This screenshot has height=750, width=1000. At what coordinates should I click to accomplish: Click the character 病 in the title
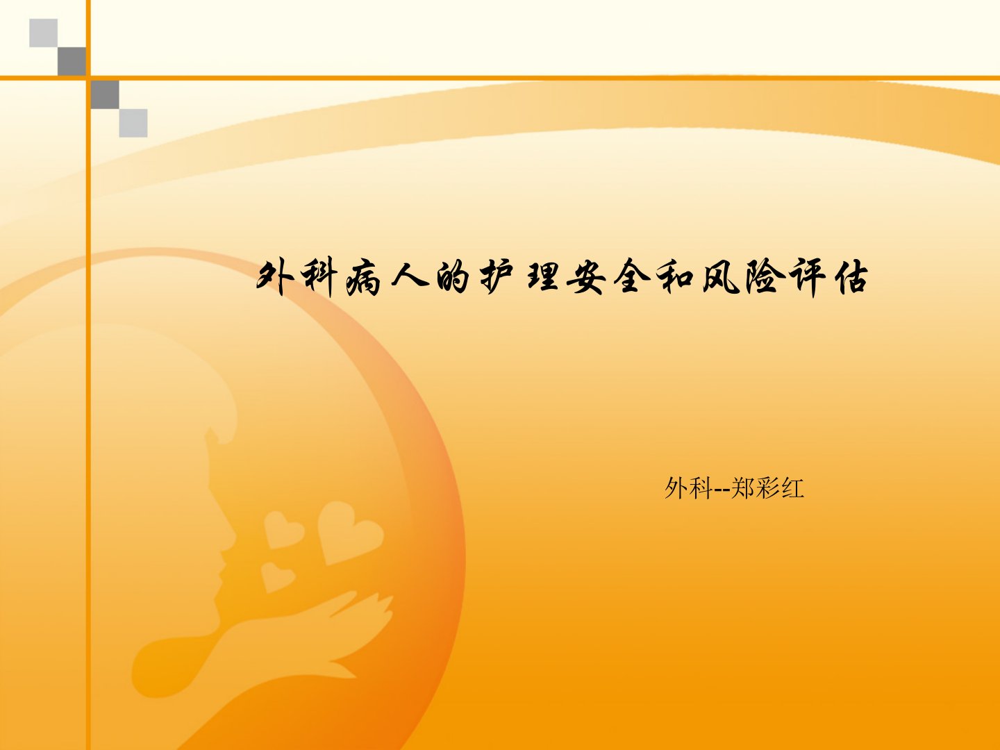tap(363, 278)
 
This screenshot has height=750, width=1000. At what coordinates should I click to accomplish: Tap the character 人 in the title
tap(410, 276)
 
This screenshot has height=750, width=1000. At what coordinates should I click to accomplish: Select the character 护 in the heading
tap(497, 277)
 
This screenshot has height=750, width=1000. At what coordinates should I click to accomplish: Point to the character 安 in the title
tap(586, 277)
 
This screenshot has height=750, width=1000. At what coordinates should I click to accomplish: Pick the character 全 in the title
tap(631, 276)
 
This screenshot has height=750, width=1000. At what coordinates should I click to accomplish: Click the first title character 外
tap(275, 277)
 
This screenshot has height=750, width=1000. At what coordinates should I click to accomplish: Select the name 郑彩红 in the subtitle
tap(767, 488)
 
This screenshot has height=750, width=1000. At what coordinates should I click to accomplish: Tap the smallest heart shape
tap(276, 577)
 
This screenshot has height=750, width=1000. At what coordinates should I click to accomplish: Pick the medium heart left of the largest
tap(283, 529)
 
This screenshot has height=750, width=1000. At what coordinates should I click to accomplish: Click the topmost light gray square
tap(43, 33)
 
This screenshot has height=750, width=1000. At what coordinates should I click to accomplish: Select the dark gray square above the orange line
tap(72, 61)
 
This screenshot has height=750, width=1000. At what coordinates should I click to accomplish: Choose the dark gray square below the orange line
tap(105, 94)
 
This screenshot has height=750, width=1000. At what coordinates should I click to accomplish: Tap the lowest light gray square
tap(133, 123)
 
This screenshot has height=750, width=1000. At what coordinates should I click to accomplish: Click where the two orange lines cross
tap(88, 78)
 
